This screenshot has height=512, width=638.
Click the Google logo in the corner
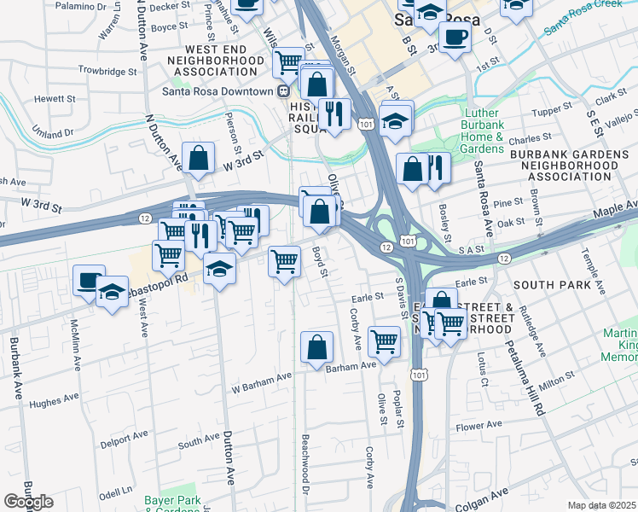pyautogui.click(x=28, y=502)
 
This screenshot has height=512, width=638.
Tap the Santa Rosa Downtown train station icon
pyautogui.click(x=281, y=91)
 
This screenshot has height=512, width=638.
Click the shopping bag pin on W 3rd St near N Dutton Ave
pyautogui.click(x=198, y=158)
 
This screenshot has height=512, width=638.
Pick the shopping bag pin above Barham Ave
pyautogui.click(x=316, y=347)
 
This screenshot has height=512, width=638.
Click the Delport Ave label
pyautogui.click(x=125, y=440)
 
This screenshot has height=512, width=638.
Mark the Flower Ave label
pyautogui.click(x=479, y=426)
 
